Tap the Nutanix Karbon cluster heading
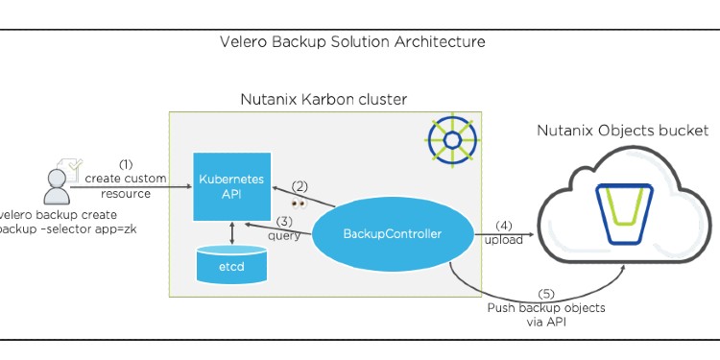(x=324, y=100)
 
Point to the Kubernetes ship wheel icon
(x=450, y=140)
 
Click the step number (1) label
(x=126, y=164)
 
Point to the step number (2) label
(x=300, y=186)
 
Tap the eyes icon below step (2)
(x=299, y=204)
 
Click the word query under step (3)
(x=284, y=236)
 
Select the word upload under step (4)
(x=504, y=240)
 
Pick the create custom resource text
(x=126, y=185)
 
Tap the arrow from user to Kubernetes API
(x=130, y=189)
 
